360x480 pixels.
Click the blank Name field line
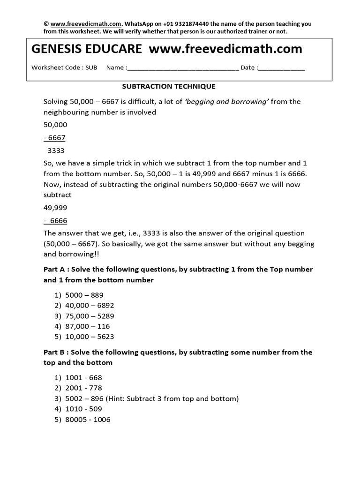[x=183, y=68]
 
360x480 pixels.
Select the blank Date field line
[x=281, y=68]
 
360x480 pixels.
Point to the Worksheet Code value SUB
[x=91, y=67]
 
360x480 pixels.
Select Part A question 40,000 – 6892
[x=89, y=306]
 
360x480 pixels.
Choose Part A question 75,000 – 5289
[x=89, y=316]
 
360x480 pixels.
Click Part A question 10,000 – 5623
[x=89, y=337]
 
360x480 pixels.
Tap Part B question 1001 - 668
[x=83, y=378]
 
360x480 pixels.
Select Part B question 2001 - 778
[x=83, y=388]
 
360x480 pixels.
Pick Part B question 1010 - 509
[x=83, y=409]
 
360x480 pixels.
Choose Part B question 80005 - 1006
[x=88, y=420]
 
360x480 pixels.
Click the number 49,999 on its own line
[x=55, y=208]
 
